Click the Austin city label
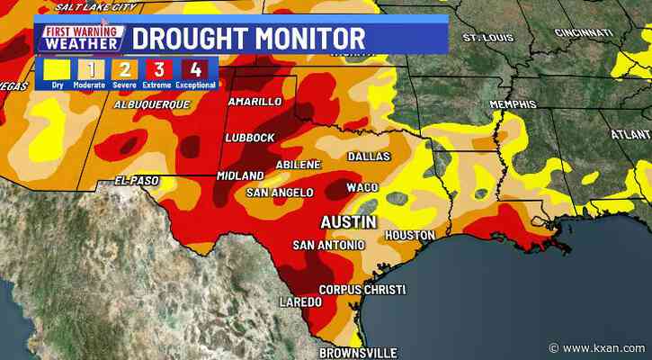(350, 221)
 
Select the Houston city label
(410, 236)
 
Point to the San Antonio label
(328, 245)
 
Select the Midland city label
(239, 175)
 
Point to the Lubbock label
(247, 137)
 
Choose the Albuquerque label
(152, 105)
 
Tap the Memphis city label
(513, 105)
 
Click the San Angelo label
(280, 193)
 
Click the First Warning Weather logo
(81, 38)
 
